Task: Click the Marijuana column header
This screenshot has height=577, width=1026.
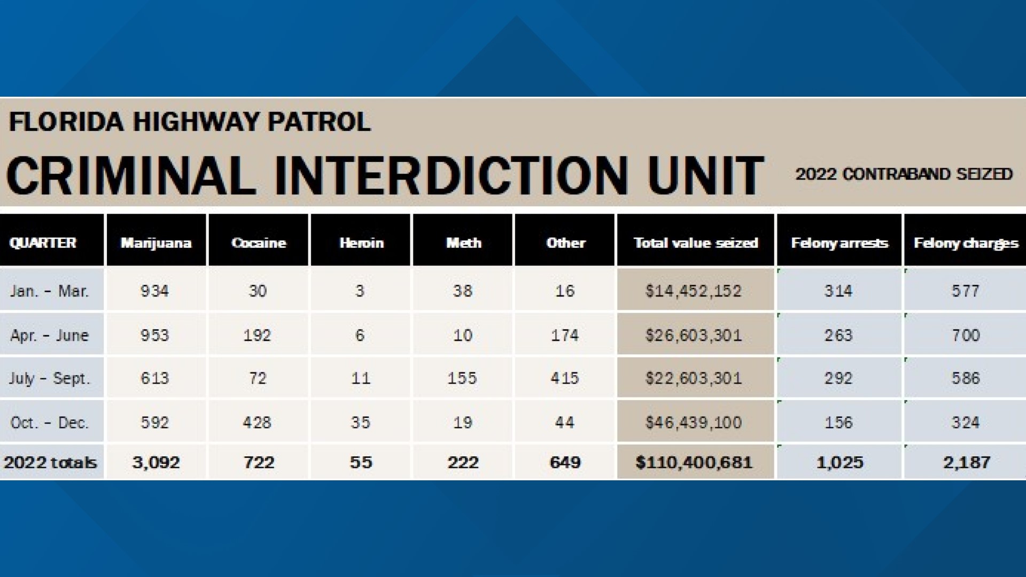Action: (x=156, y=243)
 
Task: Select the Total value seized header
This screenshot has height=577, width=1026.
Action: (x=696, y=243)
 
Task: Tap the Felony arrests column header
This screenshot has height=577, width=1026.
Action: (x=839, y=243)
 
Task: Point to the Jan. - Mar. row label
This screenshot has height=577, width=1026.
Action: (x=49, y=291)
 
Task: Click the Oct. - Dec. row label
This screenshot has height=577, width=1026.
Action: (x=49, y=423)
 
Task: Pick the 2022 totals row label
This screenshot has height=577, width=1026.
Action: (x=50, y=462)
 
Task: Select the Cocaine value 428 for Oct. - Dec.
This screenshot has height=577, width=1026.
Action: (x=257, y=423)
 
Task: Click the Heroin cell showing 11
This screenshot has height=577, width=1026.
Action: (x=361, y=378)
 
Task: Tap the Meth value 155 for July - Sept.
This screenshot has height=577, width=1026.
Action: (x=462, y=378)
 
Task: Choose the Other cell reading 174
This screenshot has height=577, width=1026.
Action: (x=565, y=336)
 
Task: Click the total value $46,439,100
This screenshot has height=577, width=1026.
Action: (x=694, y=423)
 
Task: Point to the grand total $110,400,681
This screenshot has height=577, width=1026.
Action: (x=694, y=462)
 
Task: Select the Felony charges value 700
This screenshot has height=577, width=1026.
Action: (x=966, y=336)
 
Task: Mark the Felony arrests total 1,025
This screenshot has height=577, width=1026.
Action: (x=840, y=462)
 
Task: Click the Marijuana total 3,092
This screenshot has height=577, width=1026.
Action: (x=156, y=462)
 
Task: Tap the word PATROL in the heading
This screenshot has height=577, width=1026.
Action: (x=319, y=122)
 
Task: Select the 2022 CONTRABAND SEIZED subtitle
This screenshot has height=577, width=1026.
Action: (x=904, y=174)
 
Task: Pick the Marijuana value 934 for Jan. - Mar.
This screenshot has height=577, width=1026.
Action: (x=155, y=291)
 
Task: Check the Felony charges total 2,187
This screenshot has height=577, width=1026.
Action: (x=966, y=462)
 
